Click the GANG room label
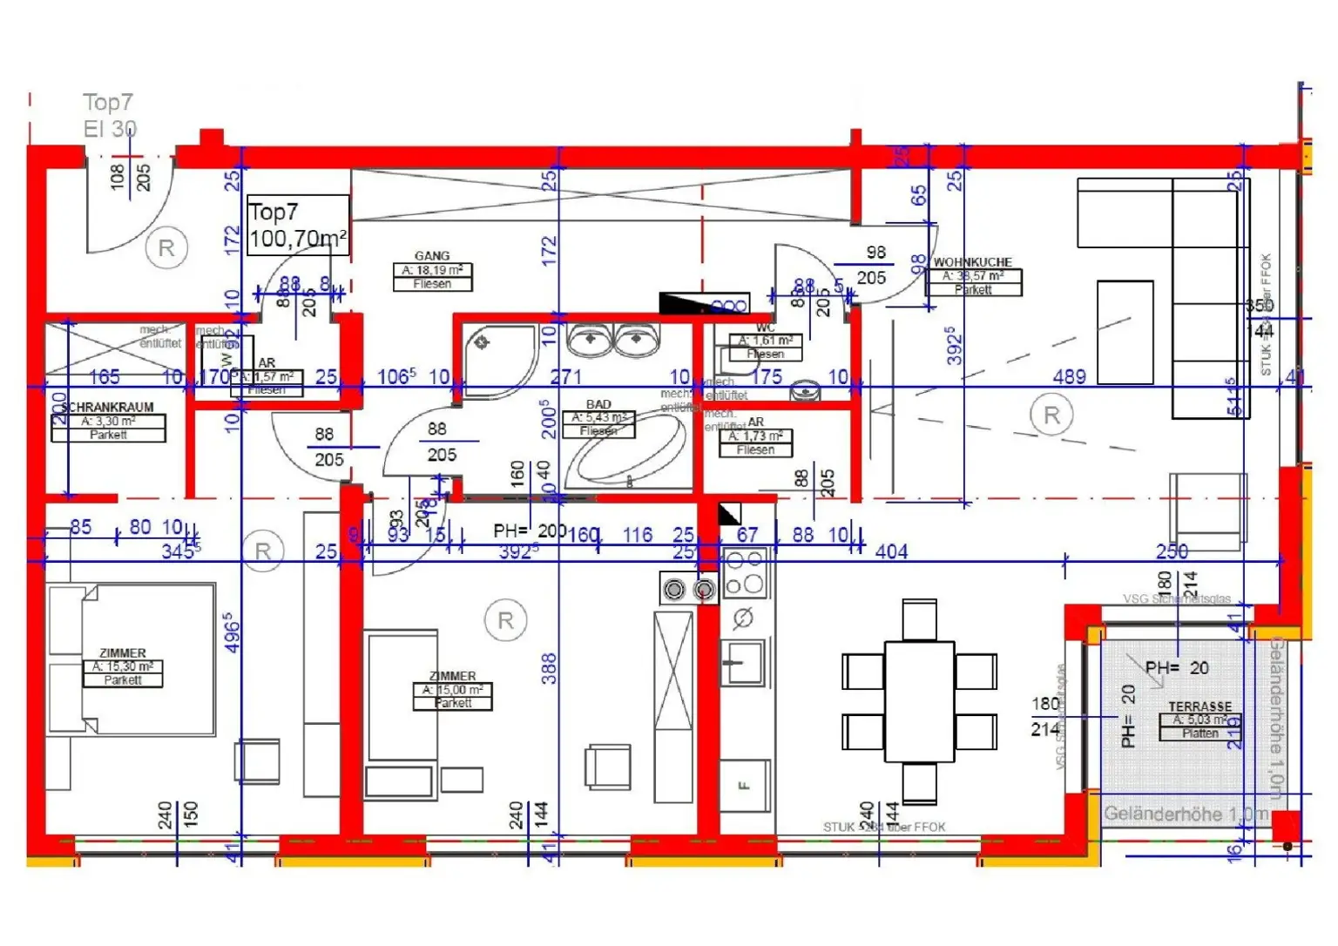(432, 256)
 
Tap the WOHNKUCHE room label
(972, 262)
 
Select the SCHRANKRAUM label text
(108, 407)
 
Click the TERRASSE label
(1199, 706)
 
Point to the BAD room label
(598, 404)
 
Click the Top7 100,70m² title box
(298, 225)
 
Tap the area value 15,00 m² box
(452, 690)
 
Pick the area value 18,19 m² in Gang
(432, 270)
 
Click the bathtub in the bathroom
(625, 451)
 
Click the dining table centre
(920, 701)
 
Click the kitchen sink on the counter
(742, 663)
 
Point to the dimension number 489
(1069, 376)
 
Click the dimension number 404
(891, 551)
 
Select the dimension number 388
(548, 669)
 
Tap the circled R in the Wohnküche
(1051, 416)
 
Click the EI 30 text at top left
(110, 129)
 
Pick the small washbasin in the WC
(805, 392)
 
